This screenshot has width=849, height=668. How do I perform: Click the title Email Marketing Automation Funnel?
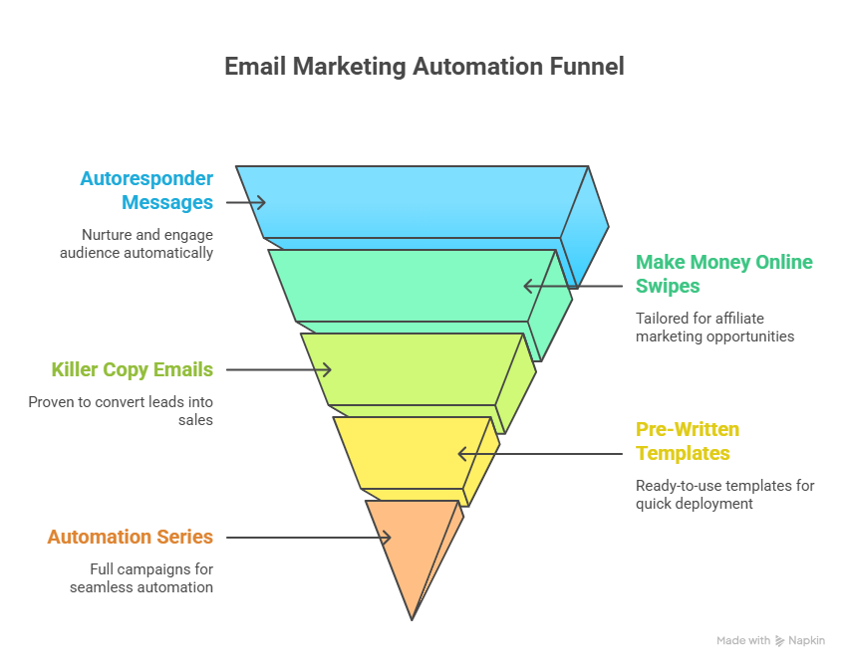[424, 67]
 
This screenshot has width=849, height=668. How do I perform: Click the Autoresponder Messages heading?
[146, 190]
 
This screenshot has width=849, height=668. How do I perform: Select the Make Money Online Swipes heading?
[724, 274]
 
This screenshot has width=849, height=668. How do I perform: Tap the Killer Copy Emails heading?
[133, 369]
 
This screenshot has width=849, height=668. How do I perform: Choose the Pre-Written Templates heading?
[688, 441]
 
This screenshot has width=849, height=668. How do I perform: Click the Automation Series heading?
[131, 537]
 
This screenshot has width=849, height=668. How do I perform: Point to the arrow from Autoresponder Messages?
[245, 202]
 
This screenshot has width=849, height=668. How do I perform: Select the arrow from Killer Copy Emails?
[278, 369]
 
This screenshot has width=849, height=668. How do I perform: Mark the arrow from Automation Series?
[308, 538]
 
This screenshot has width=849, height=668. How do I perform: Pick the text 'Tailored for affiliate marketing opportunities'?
[714, 328]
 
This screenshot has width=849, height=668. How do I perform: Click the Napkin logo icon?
[779, 641]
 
